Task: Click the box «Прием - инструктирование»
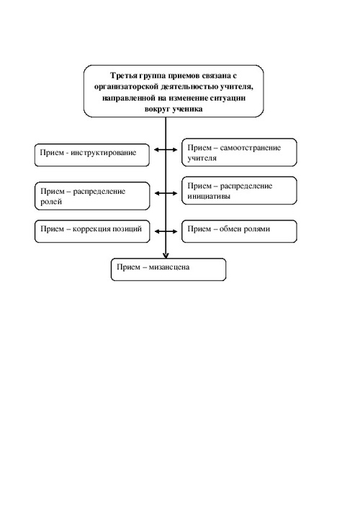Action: coord(92,155)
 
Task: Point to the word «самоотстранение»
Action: coord(250,148)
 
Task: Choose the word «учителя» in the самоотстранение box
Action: coord(202,158)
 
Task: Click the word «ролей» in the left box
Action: coord(51,202)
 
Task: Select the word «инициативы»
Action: coord(209,197)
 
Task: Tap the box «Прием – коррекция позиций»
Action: coord(92,231)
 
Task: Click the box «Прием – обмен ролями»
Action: coord(239,231)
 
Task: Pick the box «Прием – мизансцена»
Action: coord(168,269)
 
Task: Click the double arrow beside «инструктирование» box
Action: coord(166,150)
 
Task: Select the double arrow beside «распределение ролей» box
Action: coord(166,193)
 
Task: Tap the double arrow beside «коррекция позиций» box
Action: coord(166,231)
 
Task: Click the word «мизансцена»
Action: coord(168,267)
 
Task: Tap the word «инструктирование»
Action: coord(103,153)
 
